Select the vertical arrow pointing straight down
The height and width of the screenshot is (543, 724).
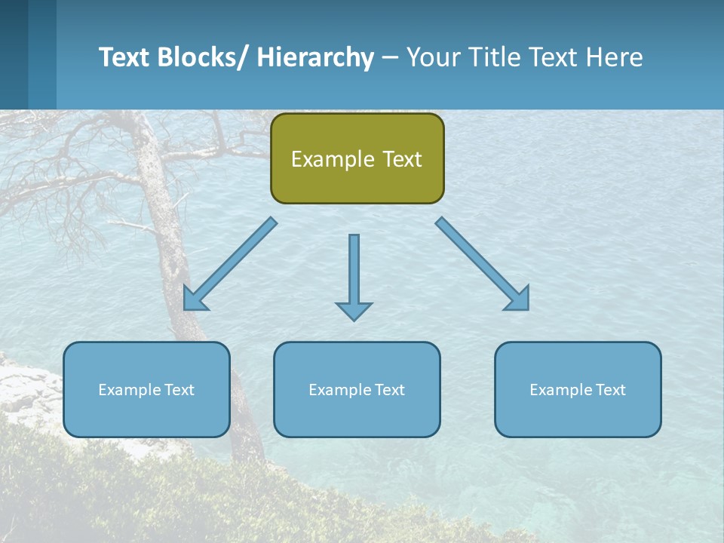354,271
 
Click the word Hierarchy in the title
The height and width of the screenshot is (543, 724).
315,57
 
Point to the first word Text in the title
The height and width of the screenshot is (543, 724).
125,57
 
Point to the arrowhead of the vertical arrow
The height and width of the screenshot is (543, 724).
354,310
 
